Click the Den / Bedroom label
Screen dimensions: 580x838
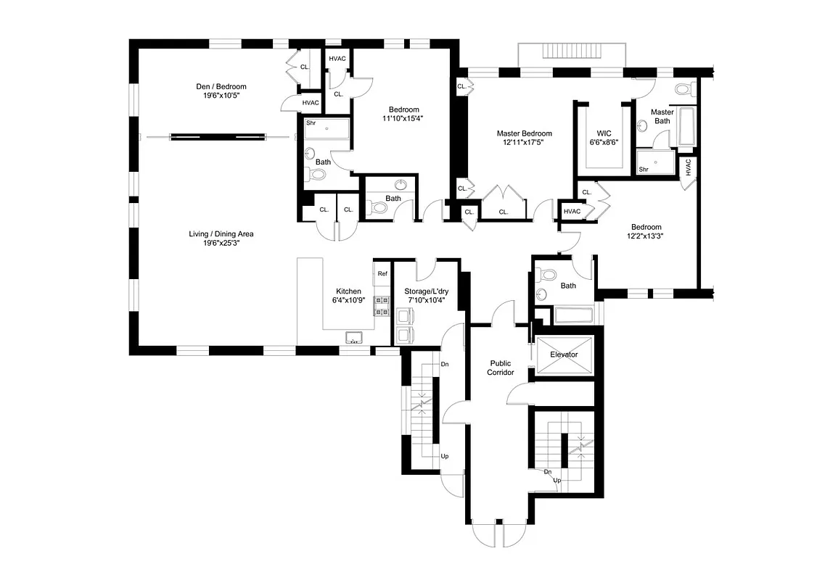coord(221,87)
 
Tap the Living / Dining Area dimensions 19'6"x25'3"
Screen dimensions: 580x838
coord(221,244)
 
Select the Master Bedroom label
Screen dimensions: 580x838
coord(524,133)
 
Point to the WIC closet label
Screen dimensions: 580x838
coord(604,133)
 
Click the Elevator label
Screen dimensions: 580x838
coord(564,355)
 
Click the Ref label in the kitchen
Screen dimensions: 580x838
coord(382,274)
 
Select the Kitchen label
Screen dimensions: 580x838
coord(348,291)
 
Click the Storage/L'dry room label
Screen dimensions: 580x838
coord(427,291)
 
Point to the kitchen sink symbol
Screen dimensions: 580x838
coord(355,336)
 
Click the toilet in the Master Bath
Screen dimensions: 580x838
coord(682,90)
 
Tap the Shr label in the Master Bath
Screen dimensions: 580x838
coord(643,170)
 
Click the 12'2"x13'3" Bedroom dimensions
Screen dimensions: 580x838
coord(645,235)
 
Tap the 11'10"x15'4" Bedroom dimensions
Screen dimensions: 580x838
coord(403,118)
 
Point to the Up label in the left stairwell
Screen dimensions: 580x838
coord(444,457)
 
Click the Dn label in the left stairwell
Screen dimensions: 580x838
coord(445,365)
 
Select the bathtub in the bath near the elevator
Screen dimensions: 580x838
coord(574,315)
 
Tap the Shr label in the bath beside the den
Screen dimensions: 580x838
coord(311,123)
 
